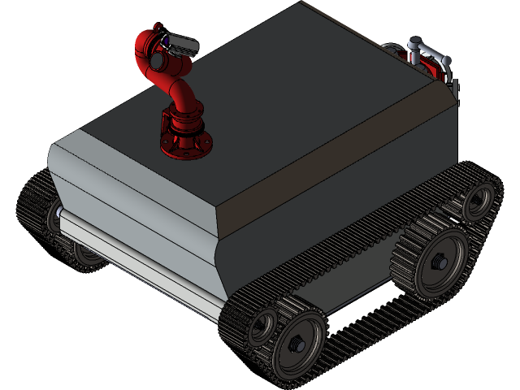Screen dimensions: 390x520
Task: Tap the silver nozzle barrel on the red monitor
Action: (180, 42)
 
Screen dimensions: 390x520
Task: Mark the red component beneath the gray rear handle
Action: (442, 71)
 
